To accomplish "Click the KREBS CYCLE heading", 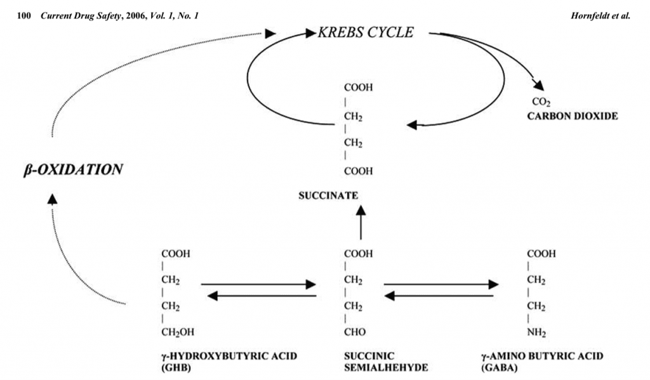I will pyautogui.click(x=366, y=32).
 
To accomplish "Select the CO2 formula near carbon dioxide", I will pyautogui.click(x=540, y=102).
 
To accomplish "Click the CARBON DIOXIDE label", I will pyautogui.click(x=572, y=117).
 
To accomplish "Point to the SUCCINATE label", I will pyautogui.click(x=328, y=195).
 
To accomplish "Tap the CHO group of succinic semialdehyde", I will pyautogui.click(x=355, y=332).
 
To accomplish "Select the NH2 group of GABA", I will pyautogui.click(x=537, y=332).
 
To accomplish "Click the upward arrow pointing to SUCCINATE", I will pyautogui.click(x=361, y=225).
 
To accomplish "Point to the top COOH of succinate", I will pyautogui.click(x=358, y=88).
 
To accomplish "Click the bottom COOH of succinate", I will pyautogui.click(x=358, y=171).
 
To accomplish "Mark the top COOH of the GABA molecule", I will pyautogui.click(x=541, y=253).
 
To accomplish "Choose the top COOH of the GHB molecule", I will pyautogui.click(x=176, y=253).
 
